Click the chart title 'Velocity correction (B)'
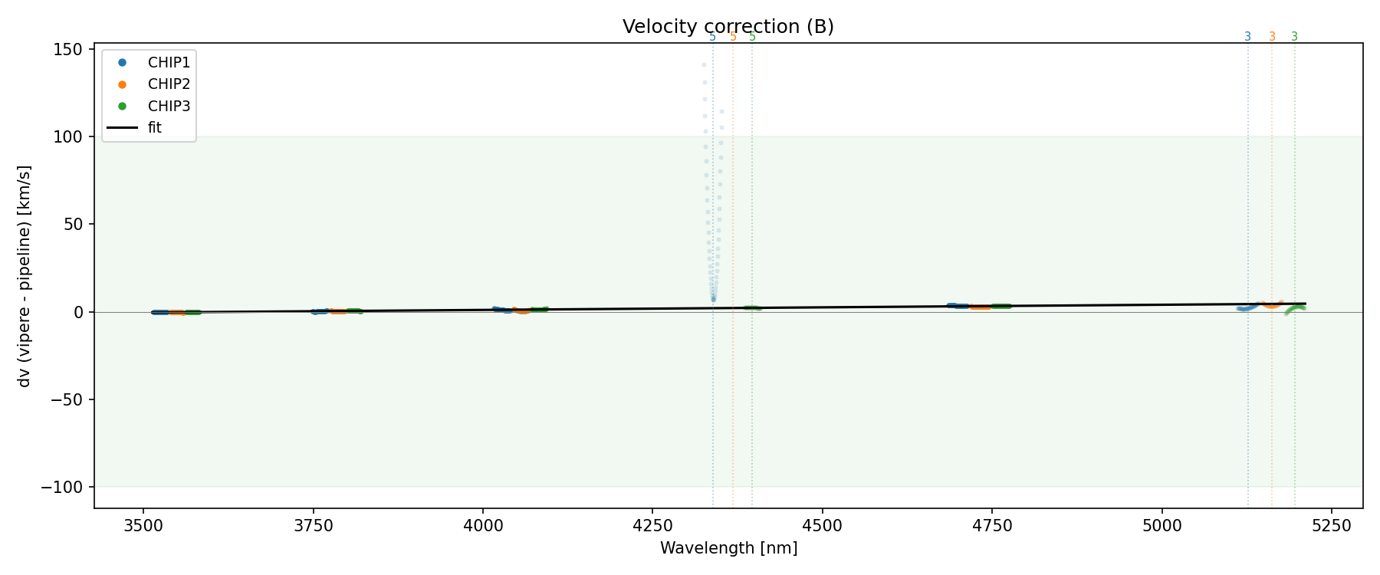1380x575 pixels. [x=728, y=27]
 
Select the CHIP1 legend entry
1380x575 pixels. [x=169, y=63]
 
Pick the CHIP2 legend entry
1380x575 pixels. [x=169, y=84]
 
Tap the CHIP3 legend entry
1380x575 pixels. [x=169, y=107]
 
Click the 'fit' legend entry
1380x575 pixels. [x=154, y=128]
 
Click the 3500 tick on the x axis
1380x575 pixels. [x=143, y=525]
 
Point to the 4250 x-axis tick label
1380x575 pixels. [x=652, y=525]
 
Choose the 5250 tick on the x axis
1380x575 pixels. [x=1332, y=525]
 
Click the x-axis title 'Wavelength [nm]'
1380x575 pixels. [x=728, y=548]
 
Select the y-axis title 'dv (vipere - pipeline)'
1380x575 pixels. [x=25, y=276]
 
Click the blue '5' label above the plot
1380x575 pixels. [x=712, y=37]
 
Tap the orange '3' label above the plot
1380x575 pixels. [x=1272, y=37]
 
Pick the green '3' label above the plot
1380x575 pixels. [x=1295, y=37]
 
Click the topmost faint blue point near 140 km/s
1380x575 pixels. [x=704, y=64]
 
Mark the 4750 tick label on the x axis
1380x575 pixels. [x=992, y=525]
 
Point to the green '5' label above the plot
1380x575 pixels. [x=752, y=37]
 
